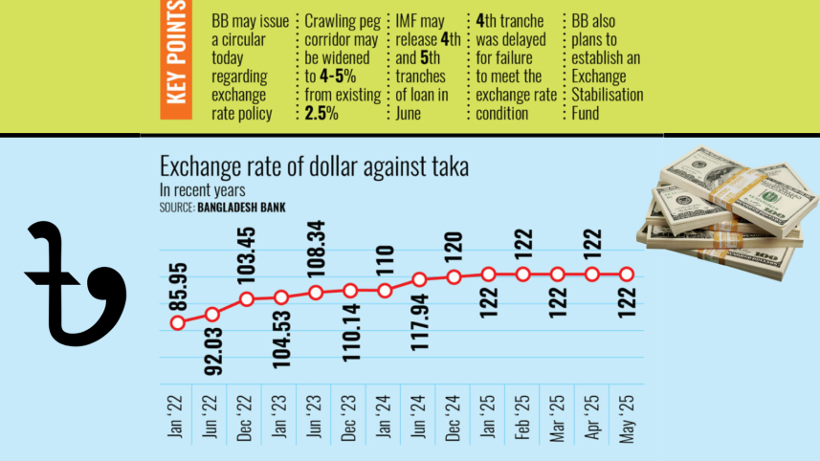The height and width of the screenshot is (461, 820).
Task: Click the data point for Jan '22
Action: click(177, 322)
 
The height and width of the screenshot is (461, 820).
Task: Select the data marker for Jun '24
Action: click(419, 280)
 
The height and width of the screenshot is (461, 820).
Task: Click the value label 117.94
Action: click(418, 324)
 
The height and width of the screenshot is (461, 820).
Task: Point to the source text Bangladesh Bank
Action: click(241, 207)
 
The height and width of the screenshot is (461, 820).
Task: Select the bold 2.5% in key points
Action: click(321, 114)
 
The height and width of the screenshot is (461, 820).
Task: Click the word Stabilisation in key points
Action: click(608, 95)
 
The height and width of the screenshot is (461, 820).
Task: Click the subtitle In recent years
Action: click(202, 190)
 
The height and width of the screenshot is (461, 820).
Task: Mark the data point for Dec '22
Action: click(247, 299)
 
